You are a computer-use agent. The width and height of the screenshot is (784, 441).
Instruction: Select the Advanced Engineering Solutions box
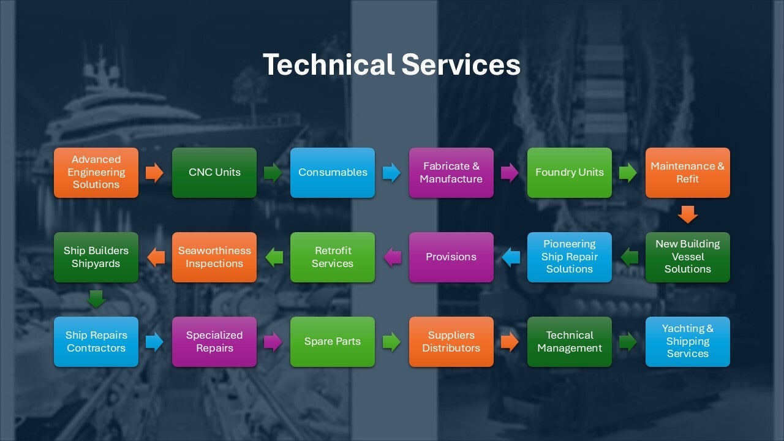(x=96, y=173)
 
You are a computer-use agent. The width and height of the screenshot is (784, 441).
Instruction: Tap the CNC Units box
(x=214, y=173)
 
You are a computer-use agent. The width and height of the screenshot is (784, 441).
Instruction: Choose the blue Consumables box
(x=333, y=173)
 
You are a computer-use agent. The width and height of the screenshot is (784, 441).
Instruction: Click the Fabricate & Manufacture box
(x=451, y=173)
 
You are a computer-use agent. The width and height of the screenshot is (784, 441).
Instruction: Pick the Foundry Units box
(x=570, y=173)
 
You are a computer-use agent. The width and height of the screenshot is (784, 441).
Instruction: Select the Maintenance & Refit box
(x=687, y=173)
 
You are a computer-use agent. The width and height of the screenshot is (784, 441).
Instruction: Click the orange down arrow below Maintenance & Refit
(x=688, y=214)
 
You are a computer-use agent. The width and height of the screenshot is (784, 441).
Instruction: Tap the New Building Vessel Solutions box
(x=687, y=257)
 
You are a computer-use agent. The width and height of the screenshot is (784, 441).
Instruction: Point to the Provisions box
(x=451, y=257)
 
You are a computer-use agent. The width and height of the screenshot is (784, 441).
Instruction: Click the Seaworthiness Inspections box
(x=214, y=257)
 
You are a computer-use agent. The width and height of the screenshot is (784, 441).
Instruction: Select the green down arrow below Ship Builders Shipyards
(x=96, y=299)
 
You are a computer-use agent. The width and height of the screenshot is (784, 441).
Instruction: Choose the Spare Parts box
(x=333, y=342)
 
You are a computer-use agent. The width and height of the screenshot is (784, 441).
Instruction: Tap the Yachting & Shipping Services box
(x=687, y=342)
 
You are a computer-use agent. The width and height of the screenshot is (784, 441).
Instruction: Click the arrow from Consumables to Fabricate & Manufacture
(x=391, y=173)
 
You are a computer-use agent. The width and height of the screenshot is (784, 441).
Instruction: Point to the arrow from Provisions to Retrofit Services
(x=392, y=257)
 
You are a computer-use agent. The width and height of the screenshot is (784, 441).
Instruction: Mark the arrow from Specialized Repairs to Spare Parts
(x=273, y=342)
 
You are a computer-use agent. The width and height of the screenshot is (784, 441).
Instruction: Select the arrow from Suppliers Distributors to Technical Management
(x=510, y=342)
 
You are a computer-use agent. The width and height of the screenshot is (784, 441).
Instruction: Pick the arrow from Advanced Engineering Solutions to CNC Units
(x=155, y=173)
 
